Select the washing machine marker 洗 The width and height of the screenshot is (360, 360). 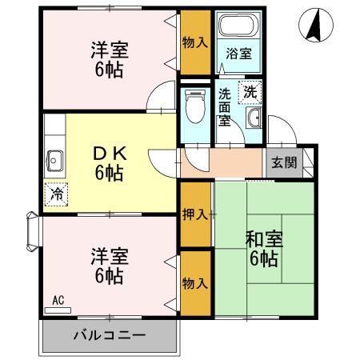[250, 92]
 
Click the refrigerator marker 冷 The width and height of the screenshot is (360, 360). [57, 193]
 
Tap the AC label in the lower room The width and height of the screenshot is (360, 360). [58, 301]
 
